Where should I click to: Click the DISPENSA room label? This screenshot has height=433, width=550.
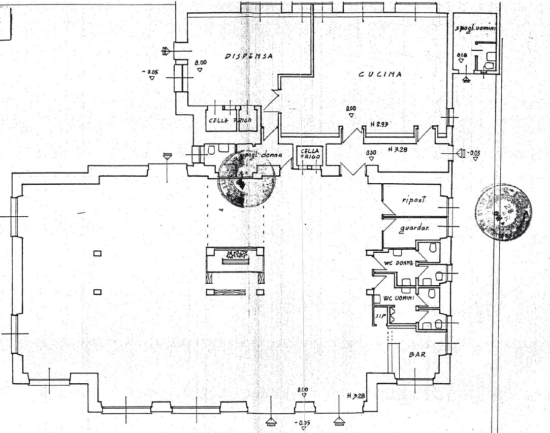tap(249, 56)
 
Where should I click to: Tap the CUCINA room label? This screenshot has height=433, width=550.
tap(380, 74)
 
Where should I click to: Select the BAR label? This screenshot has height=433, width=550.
tap(417, 355)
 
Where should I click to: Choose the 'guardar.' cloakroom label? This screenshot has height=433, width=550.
tap(414, 229)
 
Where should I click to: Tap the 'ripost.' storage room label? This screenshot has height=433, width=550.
tap(414, 200)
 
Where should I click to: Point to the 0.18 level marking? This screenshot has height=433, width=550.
tap(462, 54)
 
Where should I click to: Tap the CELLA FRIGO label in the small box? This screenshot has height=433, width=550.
tap(310, 154)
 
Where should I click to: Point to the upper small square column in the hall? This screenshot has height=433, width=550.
tap(98, 254)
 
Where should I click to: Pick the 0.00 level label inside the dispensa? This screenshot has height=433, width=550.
tap(201, 62)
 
